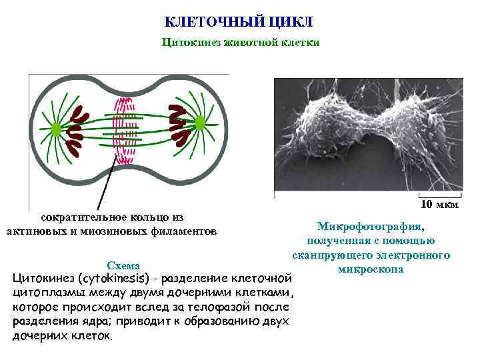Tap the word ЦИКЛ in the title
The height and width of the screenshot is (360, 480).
(291, 22)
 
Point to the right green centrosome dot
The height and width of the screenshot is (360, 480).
(199, 123)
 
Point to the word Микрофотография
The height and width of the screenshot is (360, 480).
(371, 227)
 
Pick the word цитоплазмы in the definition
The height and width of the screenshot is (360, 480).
(49, 292)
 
